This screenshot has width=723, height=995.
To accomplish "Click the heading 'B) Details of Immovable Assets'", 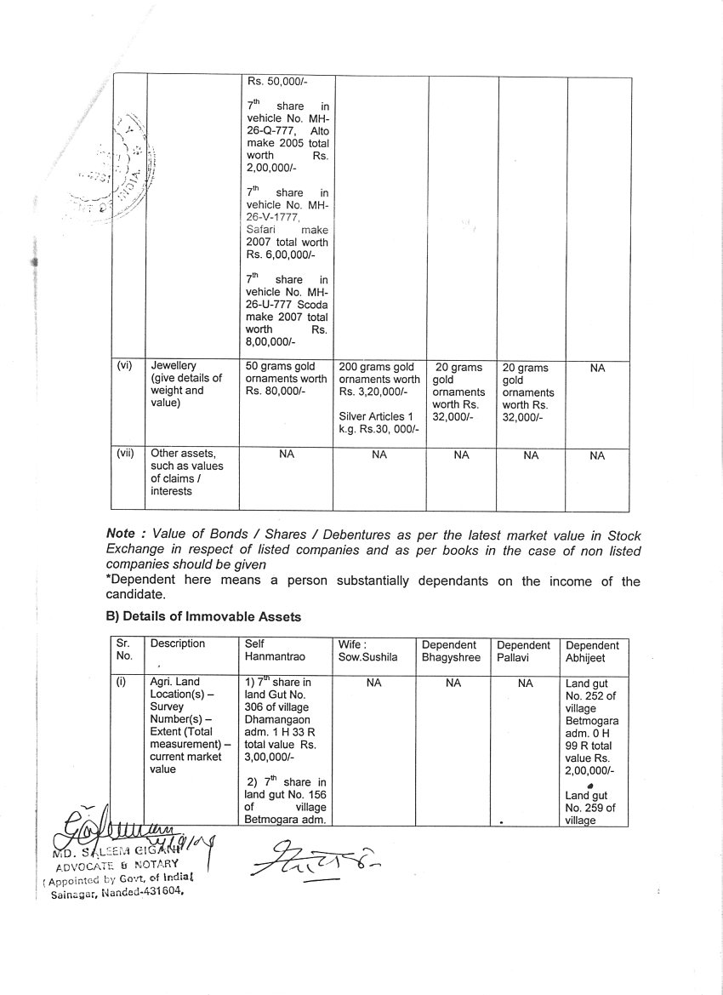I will pos(203,616).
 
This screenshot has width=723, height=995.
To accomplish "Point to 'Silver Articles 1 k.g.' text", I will pos(376,422).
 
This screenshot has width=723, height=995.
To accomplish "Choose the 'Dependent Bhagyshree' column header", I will pos(450,650).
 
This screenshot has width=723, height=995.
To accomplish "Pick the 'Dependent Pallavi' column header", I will pos(523,650).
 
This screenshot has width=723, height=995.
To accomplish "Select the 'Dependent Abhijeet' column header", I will pos(593,650).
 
